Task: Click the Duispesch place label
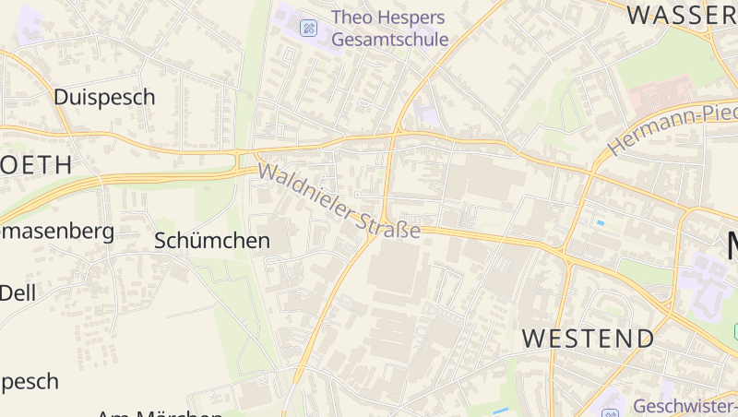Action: (104, 97)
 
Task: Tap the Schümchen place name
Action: (212, 241)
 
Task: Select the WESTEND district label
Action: (588, 338)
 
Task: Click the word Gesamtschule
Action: (389, 40)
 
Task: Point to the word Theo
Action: (354, 18)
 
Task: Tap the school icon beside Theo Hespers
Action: (308, 29)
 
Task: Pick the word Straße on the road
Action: (390, 225)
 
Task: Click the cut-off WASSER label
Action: (682, 14)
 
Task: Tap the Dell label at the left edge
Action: (17, 292)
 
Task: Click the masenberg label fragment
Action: (57, 231)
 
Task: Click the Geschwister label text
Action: (684, 406)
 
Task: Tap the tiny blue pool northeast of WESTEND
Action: (601, 222)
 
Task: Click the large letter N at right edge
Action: (732, 246)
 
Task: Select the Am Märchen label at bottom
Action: (159, 413)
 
